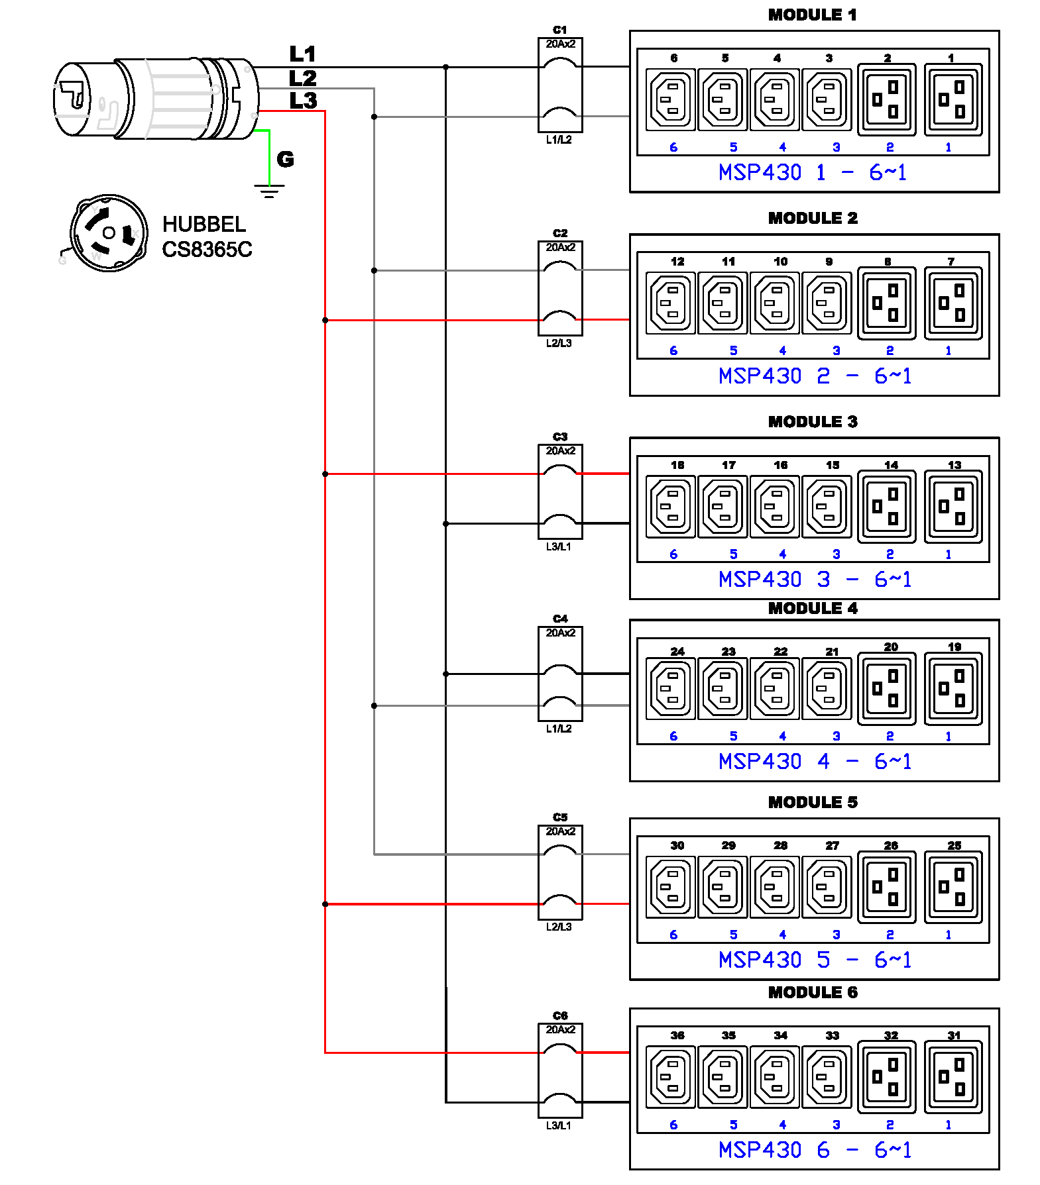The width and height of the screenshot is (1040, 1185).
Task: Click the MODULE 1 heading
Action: coord(812,15)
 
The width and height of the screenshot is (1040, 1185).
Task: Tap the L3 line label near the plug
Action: coord(303,101)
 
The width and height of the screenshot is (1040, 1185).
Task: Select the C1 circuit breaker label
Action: coord(560,30)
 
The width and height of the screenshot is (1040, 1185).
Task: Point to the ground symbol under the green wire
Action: coord(269,191)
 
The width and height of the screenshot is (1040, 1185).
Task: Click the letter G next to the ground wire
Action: coord(285,159)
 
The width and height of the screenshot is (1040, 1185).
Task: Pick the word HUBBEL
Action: coord(204,225)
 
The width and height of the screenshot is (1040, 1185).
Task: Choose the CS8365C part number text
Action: coord(207,250)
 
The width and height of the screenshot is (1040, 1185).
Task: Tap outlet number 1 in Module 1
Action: coord(953,100)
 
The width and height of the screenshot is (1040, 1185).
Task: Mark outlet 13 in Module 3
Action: coord(953,507)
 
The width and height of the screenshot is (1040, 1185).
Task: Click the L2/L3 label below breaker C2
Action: coord(559,343)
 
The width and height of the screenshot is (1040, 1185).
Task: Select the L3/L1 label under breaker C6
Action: coord(559,1125)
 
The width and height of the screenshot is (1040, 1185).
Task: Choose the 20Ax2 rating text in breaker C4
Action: coord(561,633)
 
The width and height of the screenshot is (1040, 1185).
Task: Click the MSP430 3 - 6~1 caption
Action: coord(815,580)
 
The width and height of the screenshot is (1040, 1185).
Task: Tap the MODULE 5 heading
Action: coord(813,802)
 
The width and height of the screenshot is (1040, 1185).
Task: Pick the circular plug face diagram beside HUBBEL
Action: coord(109,232)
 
